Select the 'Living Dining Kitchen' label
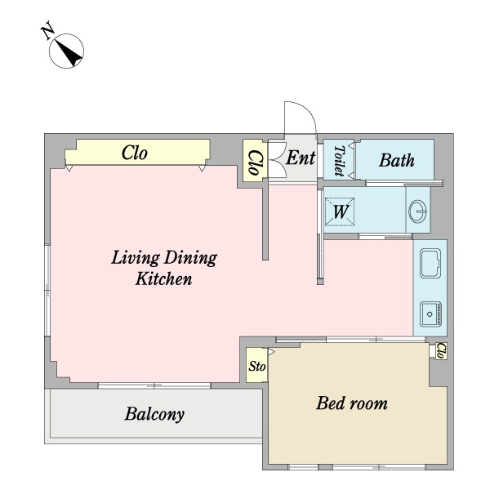click(163, 269)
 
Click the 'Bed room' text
click(351, 403)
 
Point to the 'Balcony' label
click(154, 414)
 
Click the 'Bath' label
click(396, 160)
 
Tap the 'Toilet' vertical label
click(338, 161)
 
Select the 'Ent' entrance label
click(300, 158)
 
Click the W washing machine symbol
click(340, 212)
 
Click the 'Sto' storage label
click(256, 367)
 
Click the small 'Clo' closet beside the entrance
click(254, 161)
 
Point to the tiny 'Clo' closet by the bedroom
click(440, 350)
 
